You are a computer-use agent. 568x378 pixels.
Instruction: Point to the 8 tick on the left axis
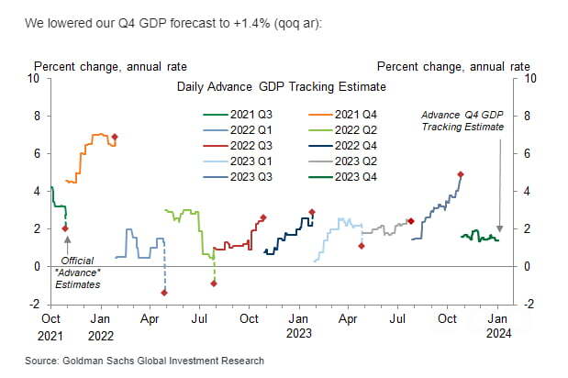click(37, 117)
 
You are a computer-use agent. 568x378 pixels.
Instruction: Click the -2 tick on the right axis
click(525, 305)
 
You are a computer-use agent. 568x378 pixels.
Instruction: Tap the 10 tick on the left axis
click(34, 79)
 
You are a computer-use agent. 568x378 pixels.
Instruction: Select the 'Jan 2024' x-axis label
click(496, 325)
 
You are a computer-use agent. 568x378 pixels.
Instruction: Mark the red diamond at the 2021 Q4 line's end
click(114, 137)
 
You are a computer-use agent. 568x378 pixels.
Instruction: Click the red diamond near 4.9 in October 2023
click(461, 174)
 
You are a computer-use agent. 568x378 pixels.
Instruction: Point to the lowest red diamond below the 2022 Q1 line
click(164, 293)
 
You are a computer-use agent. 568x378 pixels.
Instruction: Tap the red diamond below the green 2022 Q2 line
click(214, 283)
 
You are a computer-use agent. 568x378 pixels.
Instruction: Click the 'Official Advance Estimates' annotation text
click(69, 271)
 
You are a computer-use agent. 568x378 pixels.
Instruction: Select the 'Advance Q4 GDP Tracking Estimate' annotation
click(462, 119)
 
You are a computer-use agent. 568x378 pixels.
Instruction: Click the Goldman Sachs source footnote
click(145, 361)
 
